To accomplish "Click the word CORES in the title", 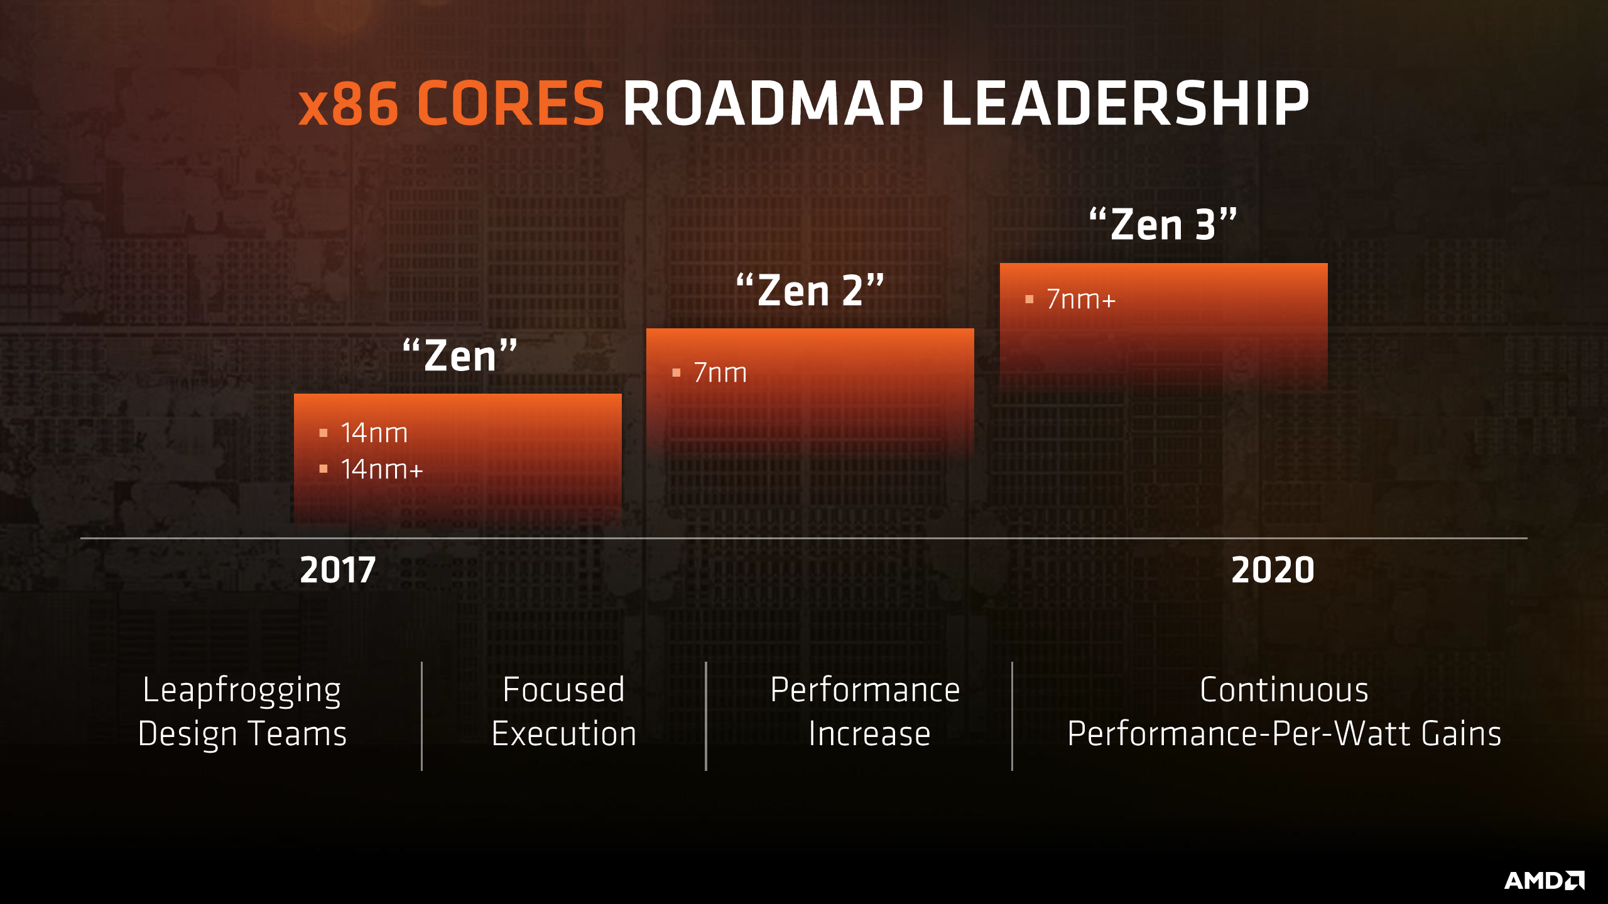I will (x=510, y=104).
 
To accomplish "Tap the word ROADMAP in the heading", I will (x=773, y=104).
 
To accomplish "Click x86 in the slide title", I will (x=349, y=104).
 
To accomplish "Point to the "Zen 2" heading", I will (x=810, y=290).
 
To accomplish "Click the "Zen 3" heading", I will (x=1163, y=224).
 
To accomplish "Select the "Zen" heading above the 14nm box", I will (x=460, y=355).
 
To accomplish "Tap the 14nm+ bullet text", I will (x=382, y=470).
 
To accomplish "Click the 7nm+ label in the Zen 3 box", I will (x=1081, y=299).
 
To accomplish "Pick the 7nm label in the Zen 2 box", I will (x=720, y=373).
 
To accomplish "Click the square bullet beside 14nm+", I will (x=323, y=469).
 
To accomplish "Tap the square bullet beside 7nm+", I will (x=1029, y=299).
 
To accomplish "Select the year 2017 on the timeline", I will (x=338, y=570).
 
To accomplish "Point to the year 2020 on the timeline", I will (x=1273, y=570).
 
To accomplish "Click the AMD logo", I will (x=1544, y=880).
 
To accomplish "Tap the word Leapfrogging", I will (x=242, y=691).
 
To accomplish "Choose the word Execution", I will (x=564, y=733).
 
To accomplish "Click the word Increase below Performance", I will (x=869, y=733).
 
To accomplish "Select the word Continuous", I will (x=1284, y=690).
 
